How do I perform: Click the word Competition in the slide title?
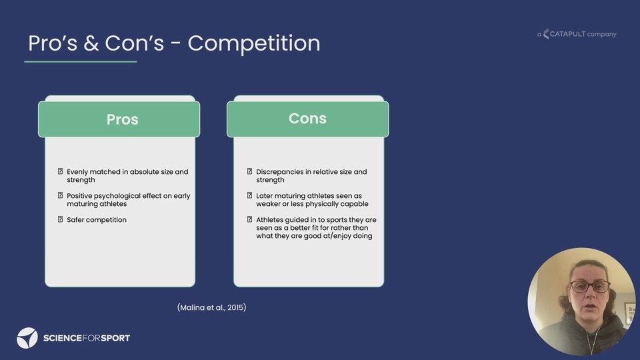tap(254, 43)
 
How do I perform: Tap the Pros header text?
tap(123, 119)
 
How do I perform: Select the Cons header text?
tap(307, 119)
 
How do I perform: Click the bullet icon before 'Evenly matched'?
tap(61, 171)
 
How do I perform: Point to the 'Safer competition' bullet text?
tap(97, 219)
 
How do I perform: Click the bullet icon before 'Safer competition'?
tap(61, 219)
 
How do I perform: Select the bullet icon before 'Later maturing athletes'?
tap(250, 195)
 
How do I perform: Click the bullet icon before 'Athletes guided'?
tap(250, 219)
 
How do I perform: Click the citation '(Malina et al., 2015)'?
tap(212, 307)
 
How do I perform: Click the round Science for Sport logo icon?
tap(27, 338)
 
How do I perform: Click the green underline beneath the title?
tap(81, 61)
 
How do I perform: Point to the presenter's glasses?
tap(590, 286)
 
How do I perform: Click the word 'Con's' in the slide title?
tap(134, 43)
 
